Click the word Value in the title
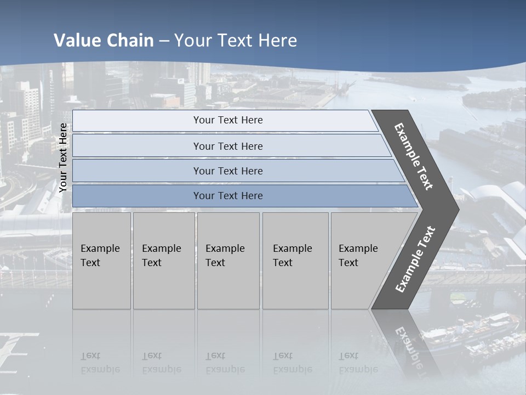(76, 41)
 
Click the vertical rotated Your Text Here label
(63, 157)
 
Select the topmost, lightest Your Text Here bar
(228, 120)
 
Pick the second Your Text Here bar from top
(228, 146)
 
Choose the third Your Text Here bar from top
(228, 171)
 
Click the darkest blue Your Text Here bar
(228, 196)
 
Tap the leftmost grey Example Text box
(101, 260)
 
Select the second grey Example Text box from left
(164, 260)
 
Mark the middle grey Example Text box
(228, 260)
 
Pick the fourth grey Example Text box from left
(295, 260)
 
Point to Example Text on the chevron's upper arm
(414, 156)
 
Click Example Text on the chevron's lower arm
(415, 259)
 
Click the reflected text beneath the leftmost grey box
(100, 363)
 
